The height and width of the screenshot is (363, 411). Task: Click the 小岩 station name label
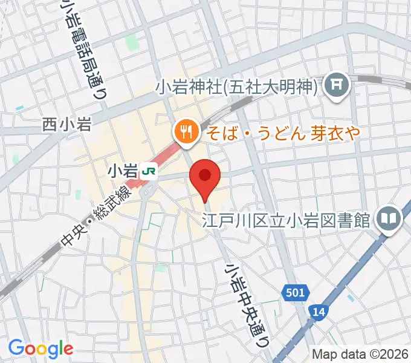(123, 172)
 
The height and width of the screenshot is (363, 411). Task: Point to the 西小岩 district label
(66, 125)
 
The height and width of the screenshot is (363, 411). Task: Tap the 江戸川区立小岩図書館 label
(286, 219)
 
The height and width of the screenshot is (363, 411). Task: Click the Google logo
(40, 348)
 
